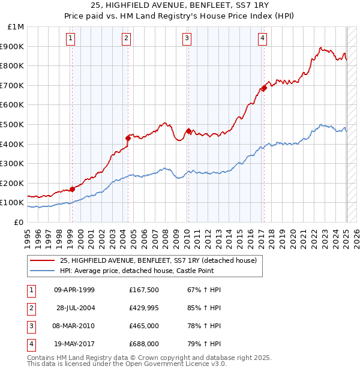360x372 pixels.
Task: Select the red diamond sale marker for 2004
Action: [x=128, y=138]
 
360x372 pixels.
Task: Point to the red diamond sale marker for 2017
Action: [x=263, y=88]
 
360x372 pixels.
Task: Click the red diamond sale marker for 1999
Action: [x=72, y=189]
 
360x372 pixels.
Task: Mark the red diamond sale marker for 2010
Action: [x=188, y=131]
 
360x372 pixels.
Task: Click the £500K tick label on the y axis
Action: [x=11, y=124]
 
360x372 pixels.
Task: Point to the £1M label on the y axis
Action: [x=16, y=26]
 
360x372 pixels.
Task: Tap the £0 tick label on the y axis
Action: [x=19, y=222]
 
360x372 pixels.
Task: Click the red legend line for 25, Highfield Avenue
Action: [x=42, y=260]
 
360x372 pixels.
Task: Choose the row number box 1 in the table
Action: [x=31, y=290]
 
